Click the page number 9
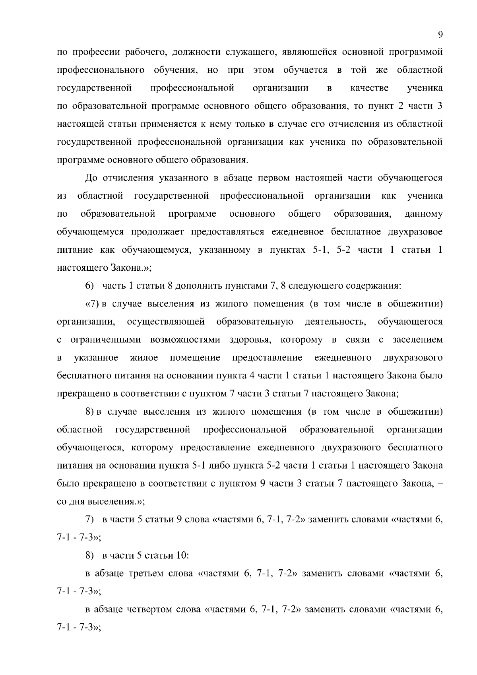tap(440, 35)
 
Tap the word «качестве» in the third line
tap(369, 88)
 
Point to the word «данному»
tap(423, 214)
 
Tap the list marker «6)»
tap(90, 286)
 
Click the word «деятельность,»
tap(335, 322)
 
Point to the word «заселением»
tap(417, 340)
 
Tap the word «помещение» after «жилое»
tap(195, 358)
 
